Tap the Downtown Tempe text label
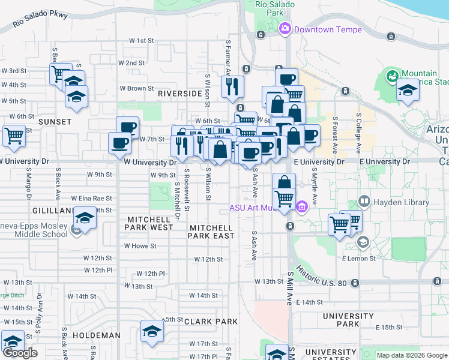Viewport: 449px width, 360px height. click(328, 29)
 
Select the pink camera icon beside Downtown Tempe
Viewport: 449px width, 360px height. click(285, 28)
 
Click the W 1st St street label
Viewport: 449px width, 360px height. click(142, 41)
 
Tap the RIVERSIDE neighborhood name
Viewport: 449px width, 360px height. click(179, 94)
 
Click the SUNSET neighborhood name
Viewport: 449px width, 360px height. click(55, 122)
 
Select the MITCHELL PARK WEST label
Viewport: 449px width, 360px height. click(149, 224)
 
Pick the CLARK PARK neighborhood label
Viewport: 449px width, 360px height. click(211, 322)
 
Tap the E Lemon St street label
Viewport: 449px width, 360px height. click(358, 259)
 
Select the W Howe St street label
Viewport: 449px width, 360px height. click(140, 246)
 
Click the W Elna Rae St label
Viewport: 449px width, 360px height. click(91, 198)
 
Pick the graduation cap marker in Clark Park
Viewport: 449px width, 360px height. click(152, 331)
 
